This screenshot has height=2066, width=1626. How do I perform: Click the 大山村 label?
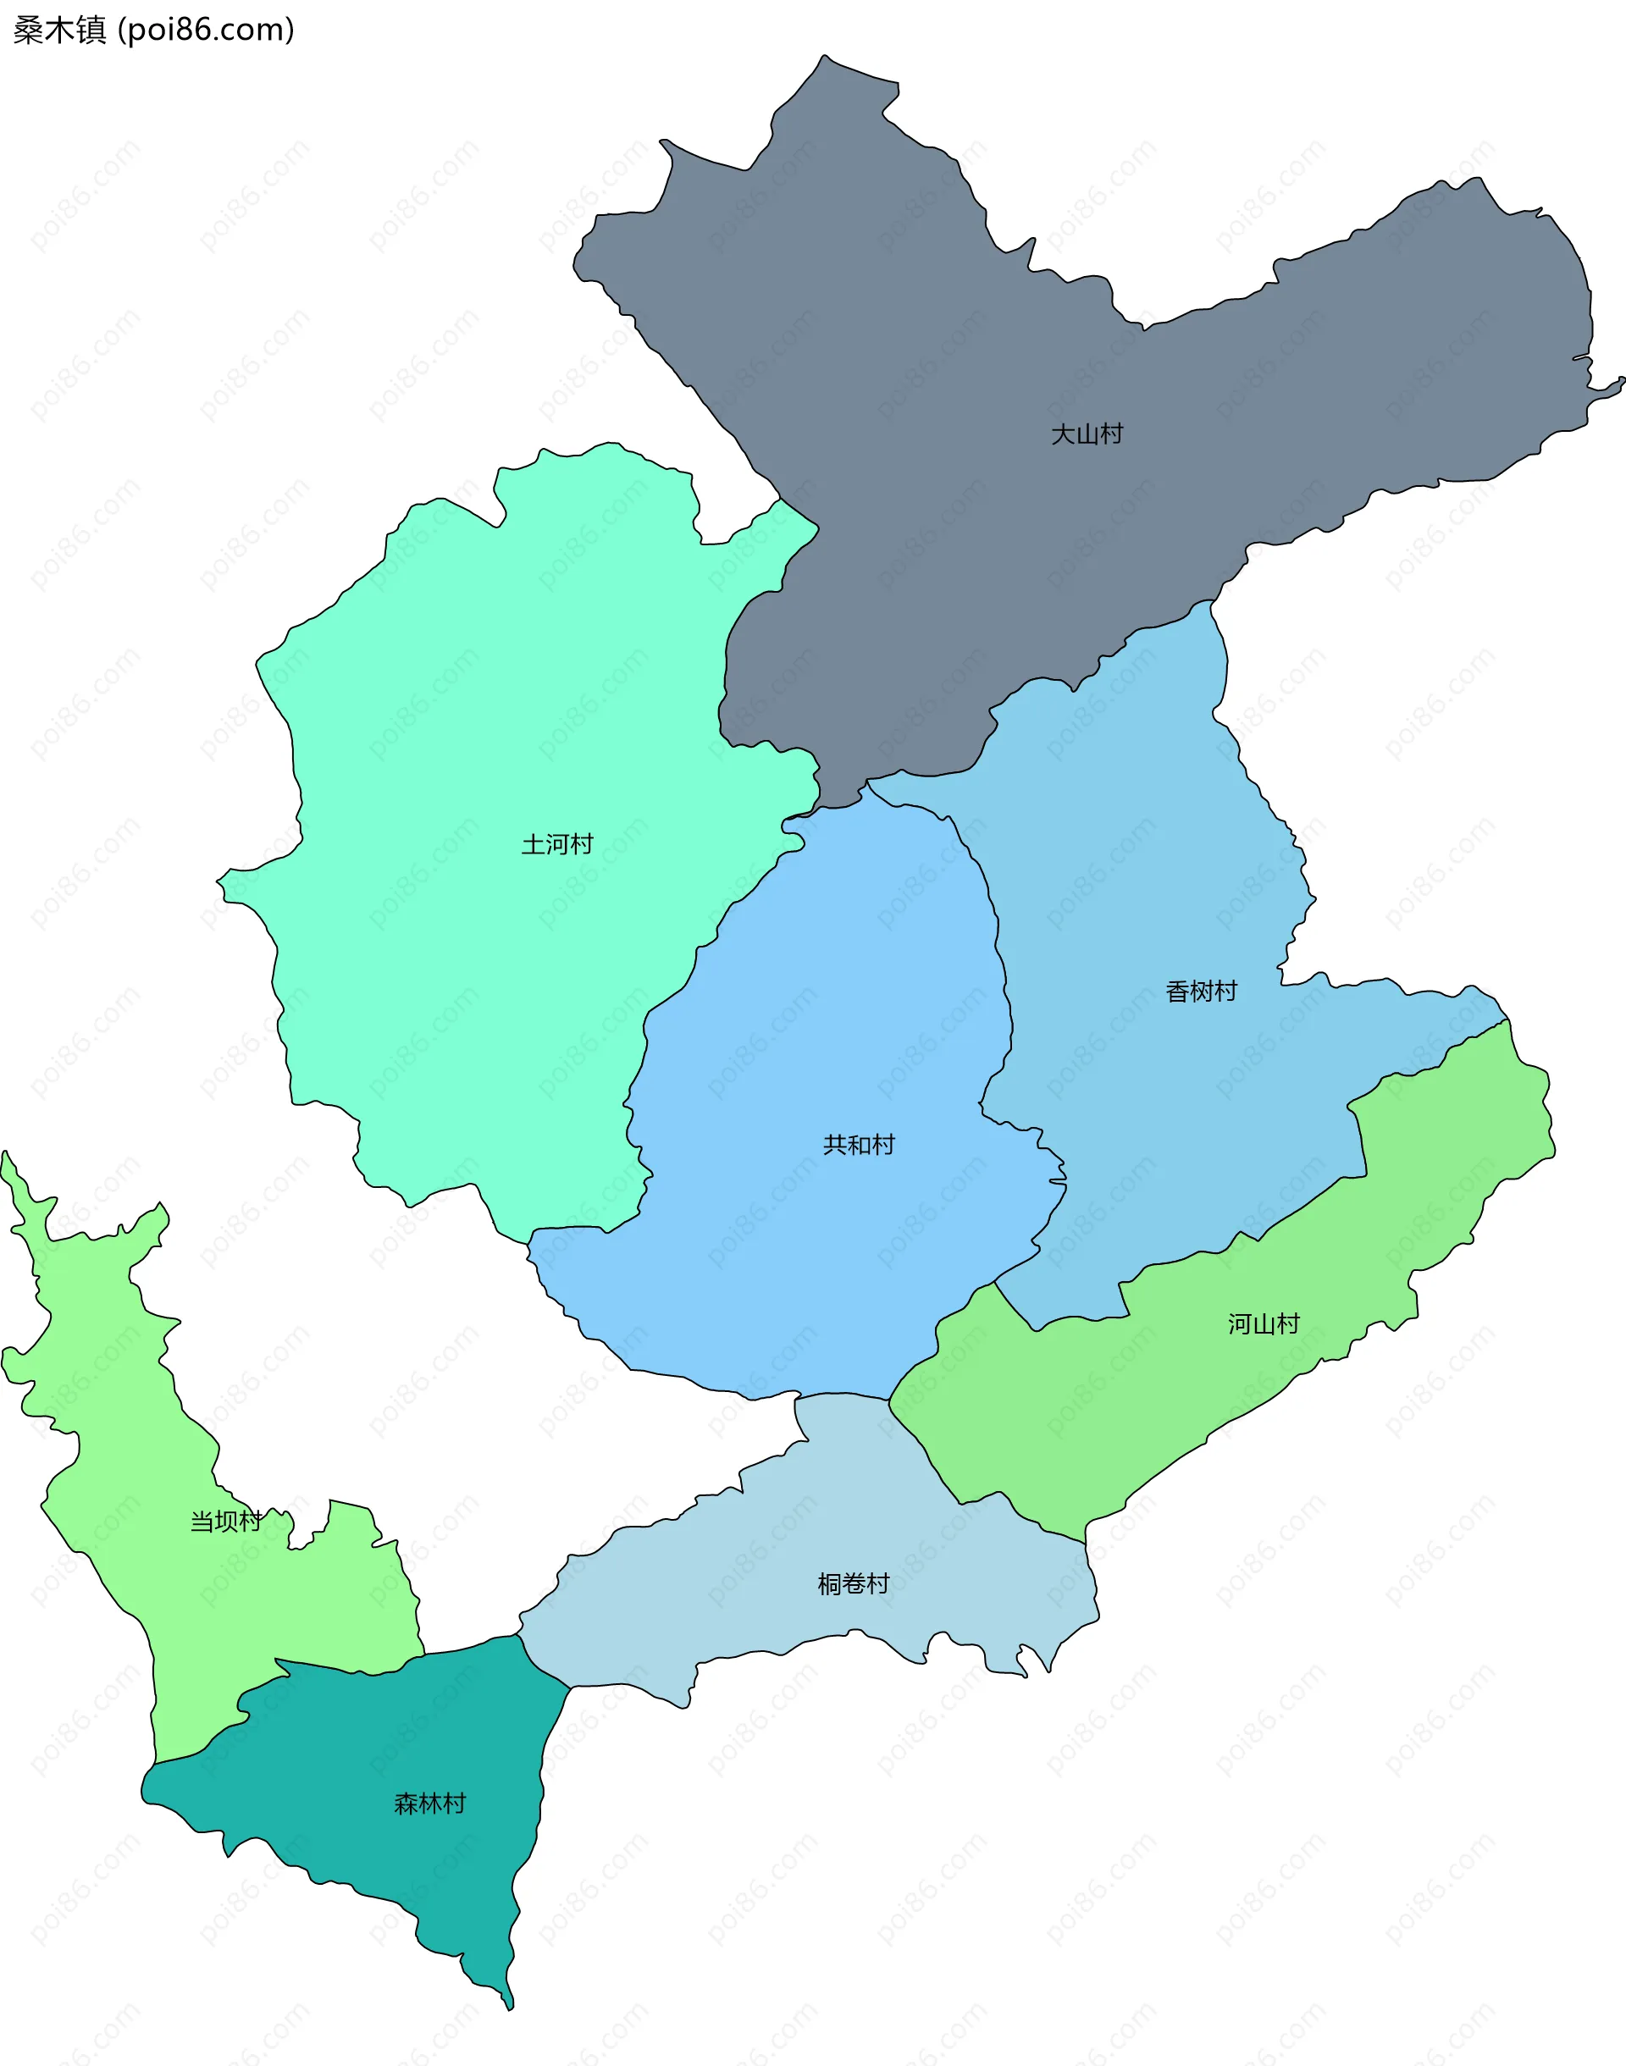pos(1087,434)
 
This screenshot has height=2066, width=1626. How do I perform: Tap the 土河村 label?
pos(557,844)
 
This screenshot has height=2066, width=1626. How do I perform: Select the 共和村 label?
pos(859,1144)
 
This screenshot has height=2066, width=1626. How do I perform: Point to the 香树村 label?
pos(1202,992)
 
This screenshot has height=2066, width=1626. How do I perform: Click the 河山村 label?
pos(1264,1323)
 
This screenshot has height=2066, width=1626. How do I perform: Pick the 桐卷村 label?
pos(853,1583)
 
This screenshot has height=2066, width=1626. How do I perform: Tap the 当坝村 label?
pos(225,1521)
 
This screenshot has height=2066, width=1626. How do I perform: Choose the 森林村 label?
pos(429,1804)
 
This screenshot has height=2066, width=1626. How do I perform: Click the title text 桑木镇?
pos(59,30)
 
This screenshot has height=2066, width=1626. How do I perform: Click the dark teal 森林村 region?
pos(381,1865)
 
